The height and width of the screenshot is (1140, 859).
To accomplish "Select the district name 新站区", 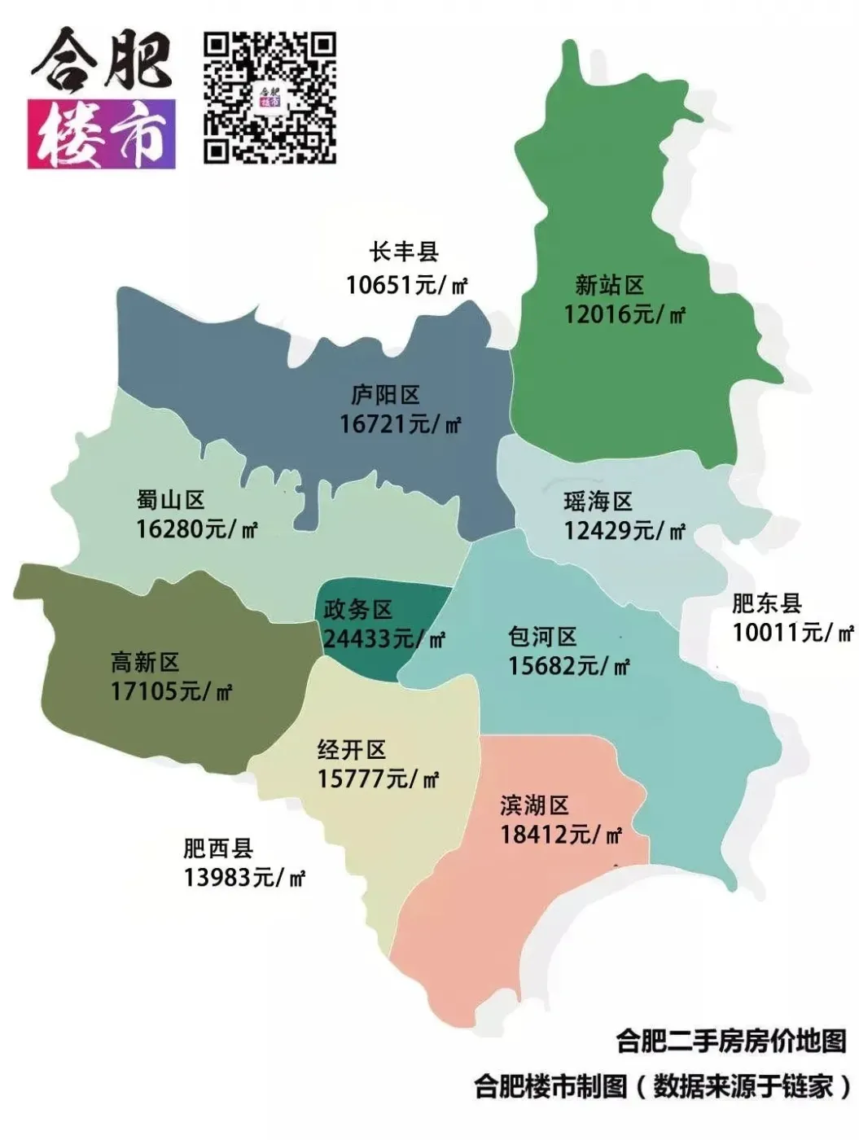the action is (610, 285).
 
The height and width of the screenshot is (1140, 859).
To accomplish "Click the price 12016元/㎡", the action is (625, 314).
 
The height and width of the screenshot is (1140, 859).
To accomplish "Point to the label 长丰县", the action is (405, 252).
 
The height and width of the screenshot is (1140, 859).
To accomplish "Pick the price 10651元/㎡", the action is (406, 285).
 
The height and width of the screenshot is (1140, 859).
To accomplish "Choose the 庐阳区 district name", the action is (386, 395).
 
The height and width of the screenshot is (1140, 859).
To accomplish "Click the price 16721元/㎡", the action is (400, 424).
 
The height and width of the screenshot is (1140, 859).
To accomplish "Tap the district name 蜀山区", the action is (171, 499).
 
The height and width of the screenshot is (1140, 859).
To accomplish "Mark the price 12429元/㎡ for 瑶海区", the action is (625, 531).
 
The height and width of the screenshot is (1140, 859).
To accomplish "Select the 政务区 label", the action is (358, 609).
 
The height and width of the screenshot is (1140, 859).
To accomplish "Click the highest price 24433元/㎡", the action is (383, 638).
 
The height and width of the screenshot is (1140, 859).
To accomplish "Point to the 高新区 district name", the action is (145, 662).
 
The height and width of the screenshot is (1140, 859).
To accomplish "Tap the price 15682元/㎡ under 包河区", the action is (569, 666).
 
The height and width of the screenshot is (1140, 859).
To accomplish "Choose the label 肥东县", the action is (767, 603).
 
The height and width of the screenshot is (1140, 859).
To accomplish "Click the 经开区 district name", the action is (352, 749).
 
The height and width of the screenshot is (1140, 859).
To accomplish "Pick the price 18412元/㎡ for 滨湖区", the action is (561, 835).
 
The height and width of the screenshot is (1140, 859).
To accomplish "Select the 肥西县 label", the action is (218, 848).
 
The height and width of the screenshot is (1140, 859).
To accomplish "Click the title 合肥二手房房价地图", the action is (731, 1041).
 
